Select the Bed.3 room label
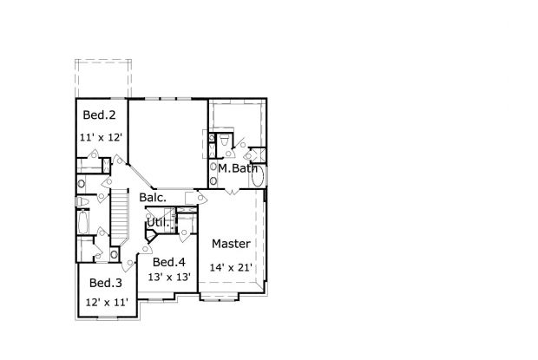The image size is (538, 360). click(106, 283)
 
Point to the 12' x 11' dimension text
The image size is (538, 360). click(107, 302)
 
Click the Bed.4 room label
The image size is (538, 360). click(168, 262)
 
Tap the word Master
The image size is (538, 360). click(231, 244)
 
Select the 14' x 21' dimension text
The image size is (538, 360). click(232, 267)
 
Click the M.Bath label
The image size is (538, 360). click(237, 168)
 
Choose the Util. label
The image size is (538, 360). click(156, 223)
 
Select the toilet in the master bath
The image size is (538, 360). click(224, 140)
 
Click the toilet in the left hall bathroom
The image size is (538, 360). click(82, 202)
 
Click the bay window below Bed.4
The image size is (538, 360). click(157, 300)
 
